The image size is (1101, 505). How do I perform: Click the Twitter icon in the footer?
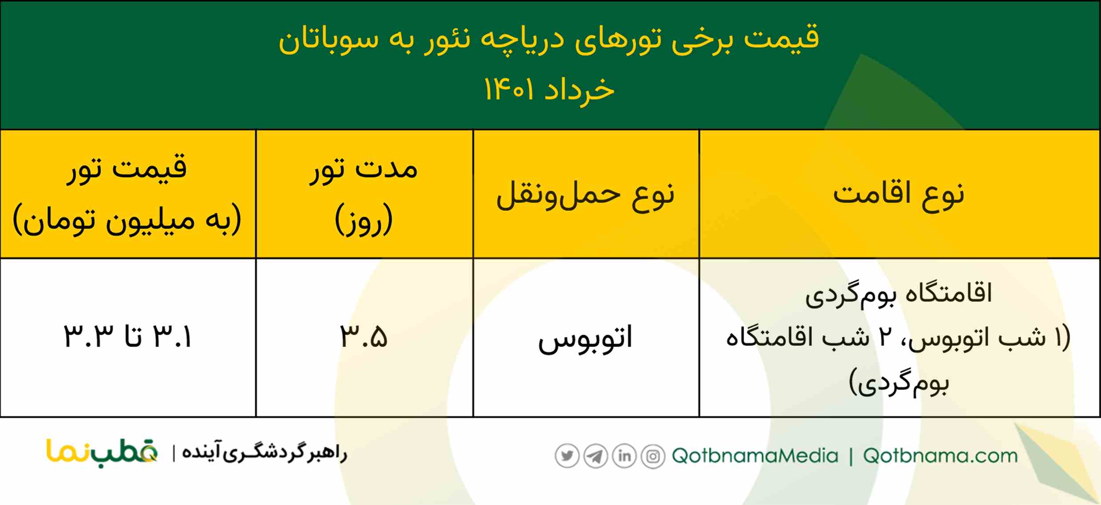tap(567, 456)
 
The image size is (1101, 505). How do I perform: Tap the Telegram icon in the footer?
tap(595, 456)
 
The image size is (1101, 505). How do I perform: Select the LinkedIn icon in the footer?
tap(624, 456)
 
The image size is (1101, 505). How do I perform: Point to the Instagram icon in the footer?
tap(653, 456)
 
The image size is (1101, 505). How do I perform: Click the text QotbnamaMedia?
tap(755, 456)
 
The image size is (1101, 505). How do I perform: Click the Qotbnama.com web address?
tap(940, 456)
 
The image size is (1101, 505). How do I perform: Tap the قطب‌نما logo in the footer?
tap(102, 453)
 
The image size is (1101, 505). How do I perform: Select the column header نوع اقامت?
tap(899, 194)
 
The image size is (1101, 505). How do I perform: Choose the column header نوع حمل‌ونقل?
tap(585, 195)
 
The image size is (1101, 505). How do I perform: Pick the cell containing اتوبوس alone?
tap(585, 338)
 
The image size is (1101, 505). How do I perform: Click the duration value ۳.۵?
tap(364, 337)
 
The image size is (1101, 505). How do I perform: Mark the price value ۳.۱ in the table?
tap(172, 337)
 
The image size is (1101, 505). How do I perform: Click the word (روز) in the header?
tap(364, 220)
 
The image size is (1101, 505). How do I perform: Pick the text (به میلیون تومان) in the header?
tap(127, 220)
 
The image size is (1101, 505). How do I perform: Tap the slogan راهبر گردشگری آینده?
tap(265, 453)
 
